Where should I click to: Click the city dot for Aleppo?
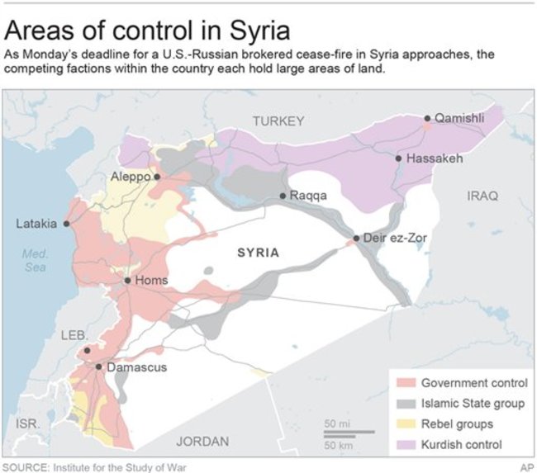pyautogui.click(x=156, y=177)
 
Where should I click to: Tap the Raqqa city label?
pyautogui.click(x=309, y=196)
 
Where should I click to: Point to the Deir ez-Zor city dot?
pyautogui.click(x=356, y=239)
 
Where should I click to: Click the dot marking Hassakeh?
pyautogui.click(x=398, y=158)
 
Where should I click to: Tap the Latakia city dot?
pyautogui.click(x=67, y=224)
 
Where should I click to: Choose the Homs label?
pyautogui.click(x=151, y=281)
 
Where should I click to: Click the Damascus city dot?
pyautogui.click(x=98, y=367)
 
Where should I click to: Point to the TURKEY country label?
pyautogui.click(x=278, y=121)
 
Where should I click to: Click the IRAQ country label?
pyautogui.click(x=483, y=196)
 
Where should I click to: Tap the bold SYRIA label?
pyautogui.click(x=258, y=253)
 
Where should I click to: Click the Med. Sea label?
pyautogui.click(x=35, y=261)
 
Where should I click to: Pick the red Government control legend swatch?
pyautogui.click(x=405, y=383)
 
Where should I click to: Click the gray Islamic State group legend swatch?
pyautogui.click(x=405, y=404)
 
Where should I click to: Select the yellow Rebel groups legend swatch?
pyautogui.click(x=405, y=424)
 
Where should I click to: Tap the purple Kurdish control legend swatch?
pyautogui.click(x=405, y=445)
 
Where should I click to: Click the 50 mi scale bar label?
pyautogui.click(x=335, y=424)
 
